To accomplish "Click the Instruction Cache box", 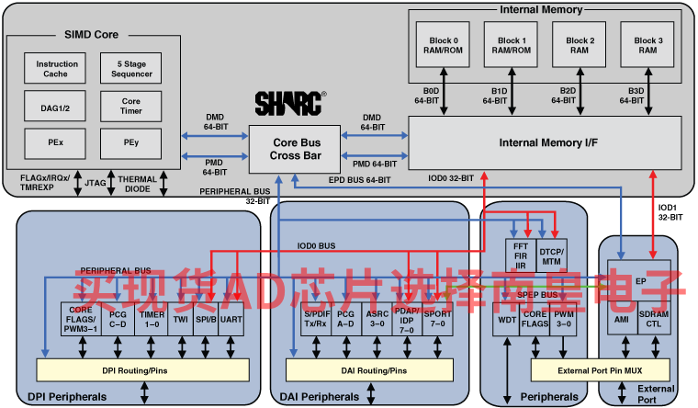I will (x=57, y=69).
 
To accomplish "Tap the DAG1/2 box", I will (x=57, y=107).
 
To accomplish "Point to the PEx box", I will (x=57, y=143).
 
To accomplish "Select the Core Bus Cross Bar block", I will (x=295, y=149).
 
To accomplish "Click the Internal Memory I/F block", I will (x=544, y=142).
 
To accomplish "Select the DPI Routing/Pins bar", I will (x=142, y=370).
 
